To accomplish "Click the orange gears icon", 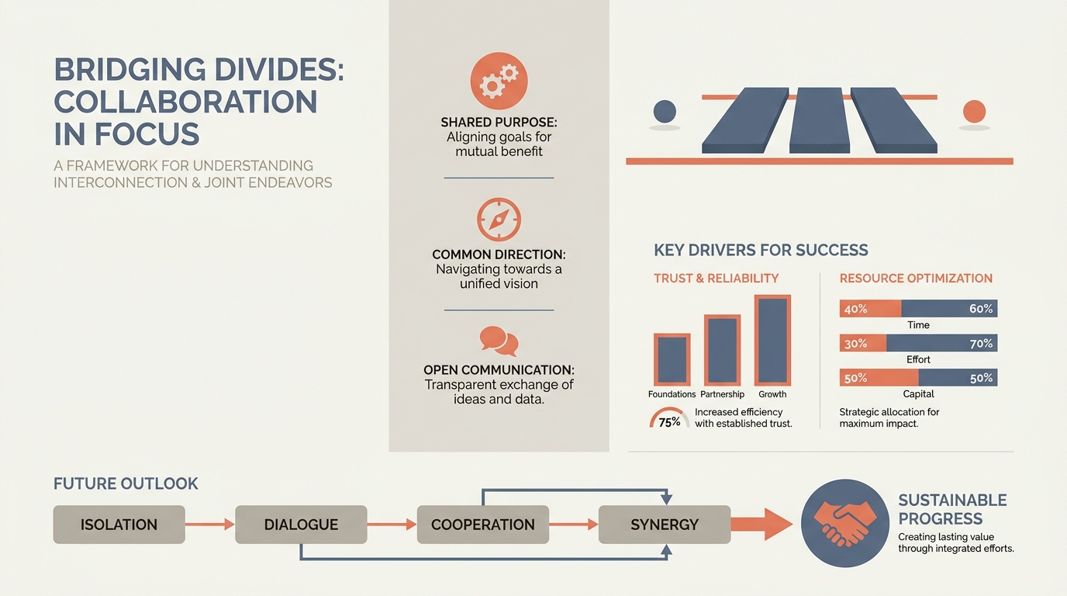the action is tap(499, 81).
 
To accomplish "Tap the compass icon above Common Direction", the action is tap(499, 220).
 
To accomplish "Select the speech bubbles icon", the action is tap(499, 341).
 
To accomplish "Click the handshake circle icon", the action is tap(845, 523).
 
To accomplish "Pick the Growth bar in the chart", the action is tap(772, 340).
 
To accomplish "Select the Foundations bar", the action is tap(672, 359).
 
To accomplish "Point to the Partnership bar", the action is tap(722, 350).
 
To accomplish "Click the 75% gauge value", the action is tap(669, 422).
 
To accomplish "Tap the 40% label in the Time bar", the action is tap(855, 309).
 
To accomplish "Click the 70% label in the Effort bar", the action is tap(981, 343).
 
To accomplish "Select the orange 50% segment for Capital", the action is tap(879, 378).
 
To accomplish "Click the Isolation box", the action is tap(119, 525).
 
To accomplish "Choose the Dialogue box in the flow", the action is tap(301, 525).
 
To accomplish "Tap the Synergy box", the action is tap(665, 525).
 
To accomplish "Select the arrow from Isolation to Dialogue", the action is tap(210, 525).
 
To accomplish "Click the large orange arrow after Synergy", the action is tap(761, 525).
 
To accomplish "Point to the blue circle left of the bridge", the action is tap(665, 112).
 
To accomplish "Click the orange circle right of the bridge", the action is tap(974, 112).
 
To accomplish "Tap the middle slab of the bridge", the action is tap(820, 120).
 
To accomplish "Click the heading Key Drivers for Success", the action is tap(761, 250).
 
